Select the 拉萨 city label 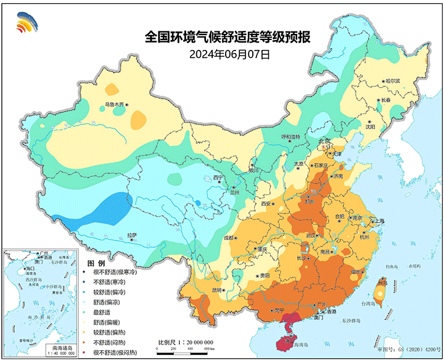(131, 235)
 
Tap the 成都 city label (229, 237)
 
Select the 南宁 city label (279, 310)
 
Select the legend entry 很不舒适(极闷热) (115, 352)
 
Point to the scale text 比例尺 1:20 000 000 (186, 342)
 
